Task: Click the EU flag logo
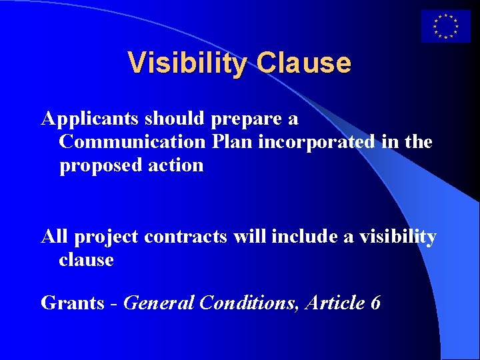[x=445, y=27]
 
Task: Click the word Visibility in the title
[x=187, y=63]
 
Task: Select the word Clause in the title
[x=303, y=63]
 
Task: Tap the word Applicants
[x=89, y=119]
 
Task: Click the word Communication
[x=133, y=142]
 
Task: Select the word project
[x=107, y=237]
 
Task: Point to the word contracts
[x=186, y=237]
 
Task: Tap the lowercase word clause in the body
[x=86, y=259]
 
